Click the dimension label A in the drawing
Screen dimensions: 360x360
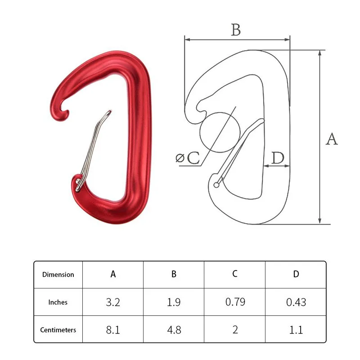tap(332, 139)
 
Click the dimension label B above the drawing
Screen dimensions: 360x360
tap(236, 30)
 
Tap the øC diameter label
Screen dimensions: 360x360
tap(187, 158)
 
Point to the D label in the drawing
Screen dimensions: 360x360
tap(278, 158)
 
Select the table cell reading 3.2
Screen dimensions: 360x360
tap(113, 302)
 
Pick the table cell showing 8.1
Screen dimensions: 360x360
tap(113, 330)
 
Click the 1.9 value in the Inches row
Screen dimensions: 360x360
tap(174, 302)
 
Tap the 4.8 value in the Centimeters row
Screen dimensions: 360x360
tap(174, 330)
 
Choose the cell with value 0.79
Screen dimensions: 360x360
tap(235, 302)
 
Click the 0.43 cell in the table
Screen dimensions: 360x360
tap(296, 302)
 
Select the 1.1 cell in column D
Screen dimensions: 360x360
tap(296, 330)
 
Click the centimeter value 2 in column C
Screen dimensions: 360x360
tap(235, 330)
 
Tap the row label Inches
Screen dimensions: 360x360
tap(58, 302)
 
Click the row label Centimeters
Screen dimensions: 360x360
tap(58, 330)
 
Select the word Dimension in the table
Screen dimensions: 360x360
tap(58, 274)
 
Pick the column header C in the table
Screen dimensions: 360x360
tap(235, 274)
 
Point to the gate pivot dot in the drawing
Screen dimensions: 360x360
tap(217, 184)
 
